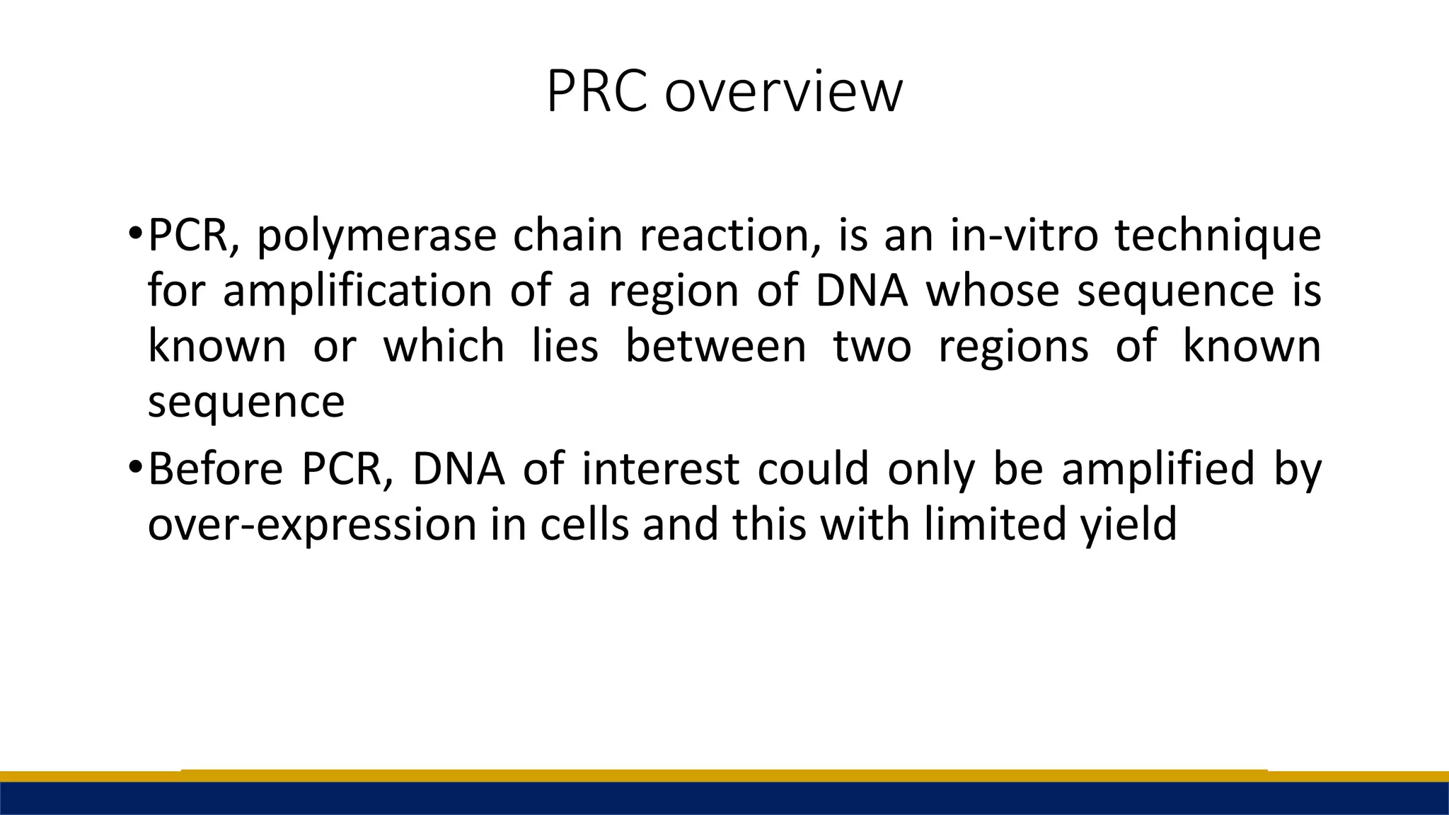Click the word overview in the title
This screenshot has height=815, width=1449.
[x=783, y=93]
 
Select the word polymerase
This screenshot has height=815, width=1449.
[x=376, y=237]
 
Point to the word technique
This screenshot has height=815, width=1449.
[x=1218, y=237]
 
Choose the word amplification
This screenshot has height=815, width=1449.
[x=357, y=292]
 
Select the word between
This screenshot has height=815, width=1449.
[x=716, y=346]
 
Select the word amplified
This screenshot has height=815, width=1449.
[x=1158, y=470]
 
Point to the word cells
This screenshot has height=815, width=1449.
[x=584, y=525]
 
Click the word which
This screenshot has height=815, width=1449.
[x=444, y=346]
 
